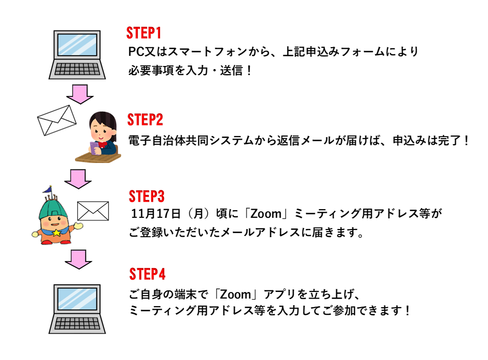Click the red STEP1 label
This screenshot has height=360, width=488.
pyautogui.click(x=144, y=34)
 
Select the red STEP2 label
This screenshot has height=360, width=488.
pyautogui.click(x=145, y=120)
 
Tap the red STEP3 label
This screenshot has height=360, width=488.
pyautogui.click(x=147, y=197)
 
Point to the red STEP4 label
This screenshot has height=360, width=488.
pyautogui.click(x=147, y=274)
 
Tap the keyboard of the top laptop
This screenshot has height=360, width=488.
pyautogui.click(x=77, y=69)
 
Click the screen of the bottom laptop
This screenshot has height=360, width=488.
pyautogui.click(x=77, y=299)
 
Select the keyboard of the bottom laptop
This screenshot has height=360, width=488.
pyautogui.click(x=77, y=323)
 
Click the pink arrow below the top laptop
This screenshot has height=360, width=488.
pyautogui.click(x=79, y=93)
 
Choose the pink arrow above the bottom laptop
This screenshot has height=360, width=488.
pyautogui.click(x=78, y=258)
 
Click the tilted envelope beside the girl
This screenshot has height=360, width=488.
pyautogui.click(x=57, y=120)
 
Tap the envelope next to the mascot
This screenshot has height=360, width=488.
pyautogui.click(x=93, y=211)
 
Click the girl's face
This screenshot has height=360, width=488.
pyautogui.click(x=101, y=134)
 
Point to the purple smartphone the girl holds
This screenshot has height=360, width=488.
pyautogui.click(x=94, y=147)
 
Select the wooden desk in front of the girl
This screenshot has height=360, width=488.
pyautogui.click(x=99, y=158)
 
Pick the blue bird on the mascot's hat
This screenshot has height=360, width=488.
pyautogui.click(x=48, y=189)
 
